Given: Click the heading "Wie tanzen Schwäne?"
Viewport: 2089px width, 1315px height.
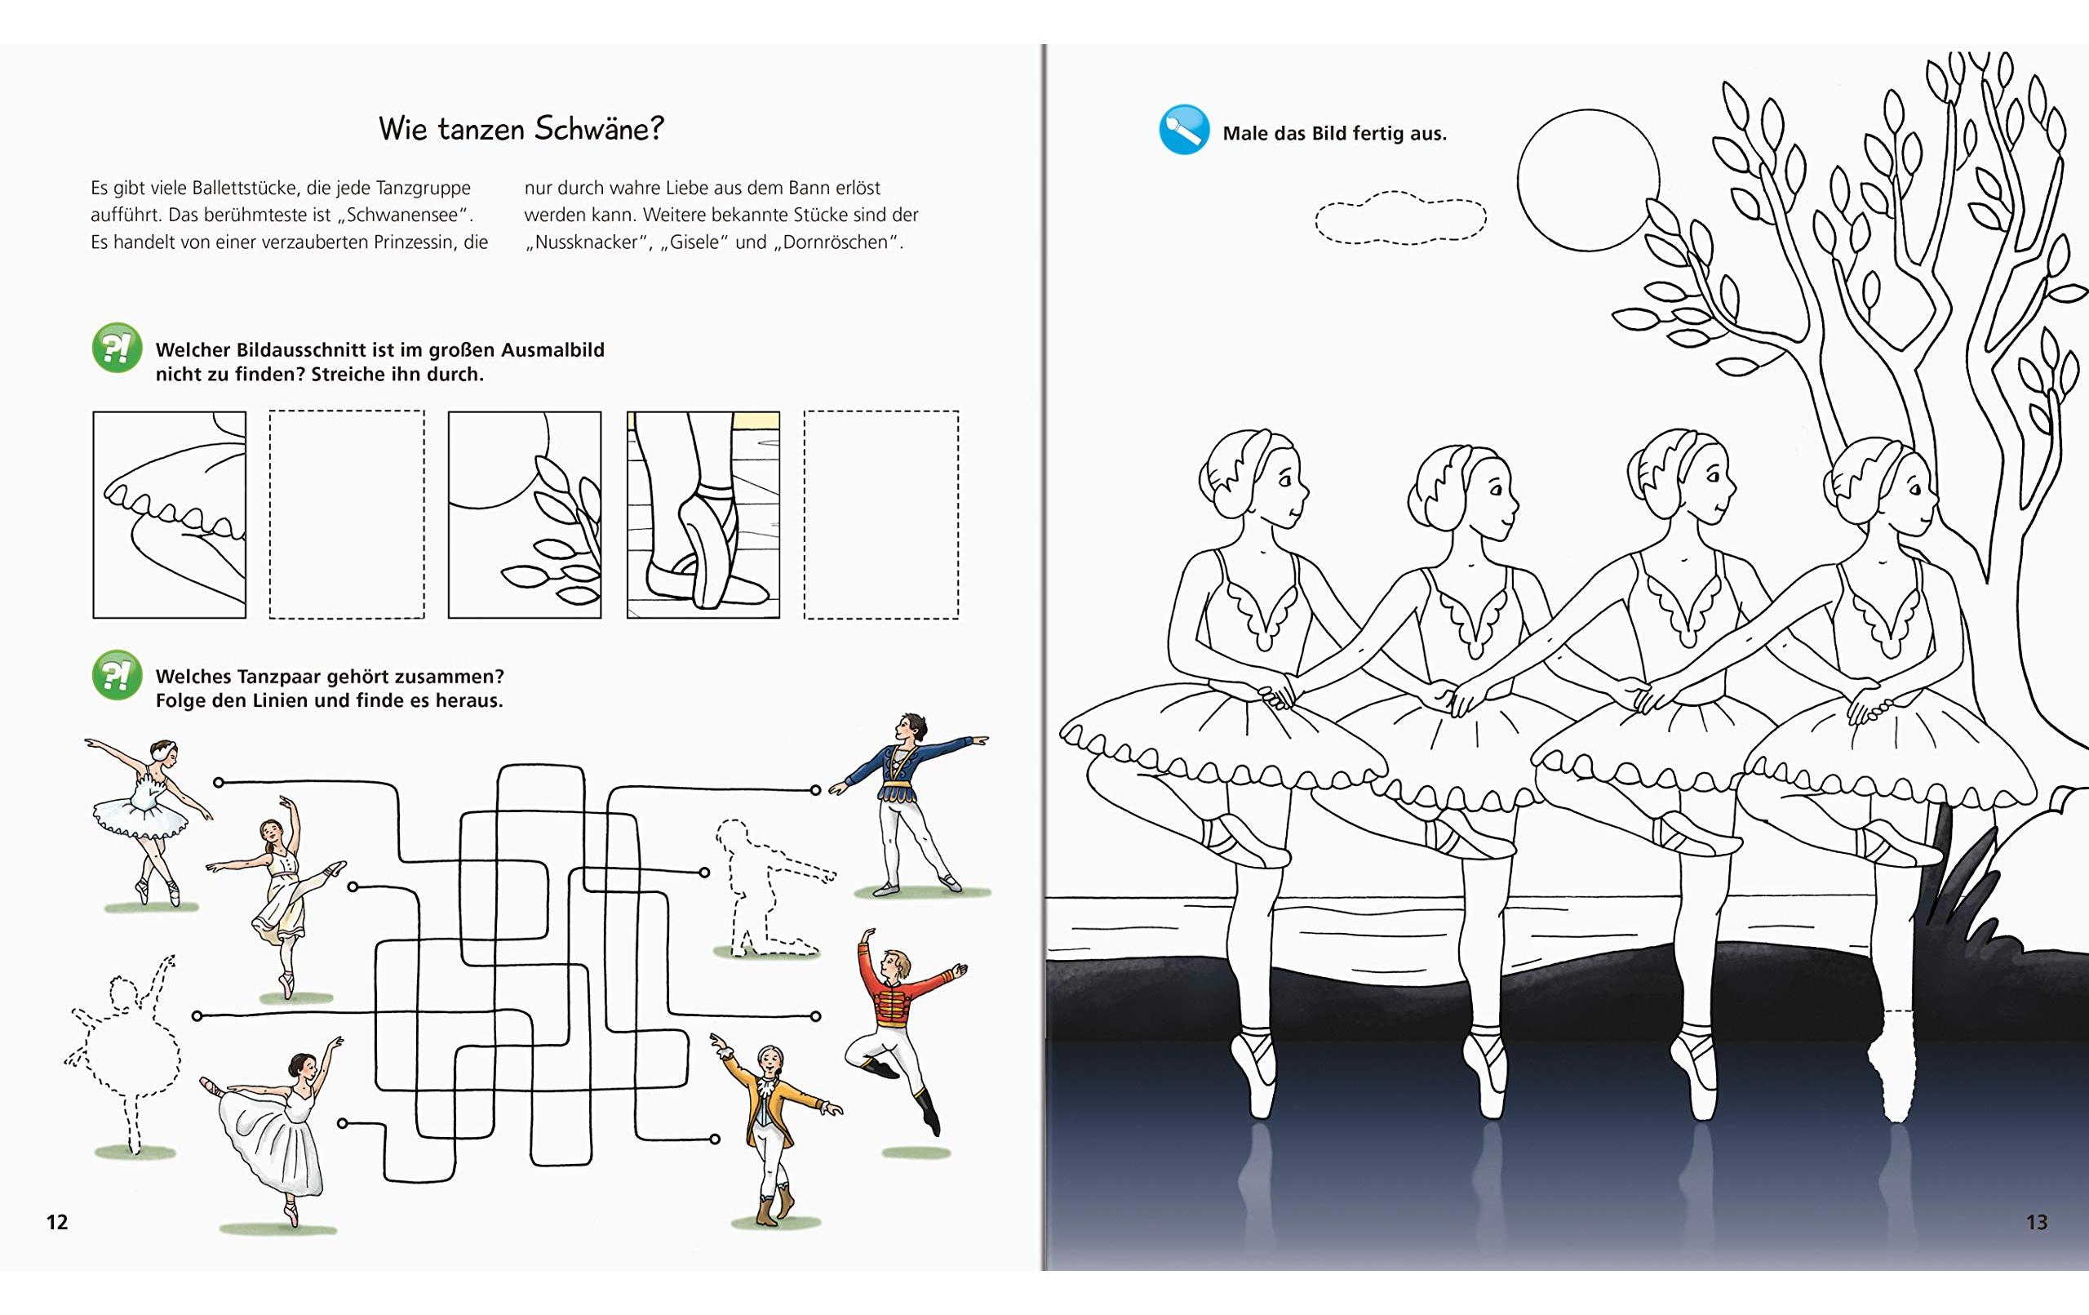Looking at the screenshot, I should tap(521, 129).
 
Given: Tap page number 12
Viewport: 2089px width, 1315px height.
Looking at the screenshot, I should tap(57, 1222).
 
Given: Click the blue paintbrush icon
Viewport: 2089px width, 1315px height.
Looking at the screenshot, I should tap(1183, 131).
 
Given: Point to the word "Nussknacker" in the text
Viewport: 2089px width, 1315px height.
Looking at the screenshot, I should tap(587, 242).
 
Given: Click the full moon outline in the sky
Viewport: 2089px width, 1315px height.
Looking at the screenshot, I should tap(1588, 180).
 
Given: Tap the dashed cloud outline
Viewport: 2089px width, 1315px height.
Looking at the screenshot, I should tap(1400, 218).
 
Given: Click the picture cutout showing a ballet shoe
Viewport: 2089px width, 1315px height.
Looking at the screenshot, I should tap(703, 515).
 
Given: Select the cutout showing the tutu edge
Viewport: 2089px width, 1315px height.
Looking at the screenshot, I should tap(170, 515).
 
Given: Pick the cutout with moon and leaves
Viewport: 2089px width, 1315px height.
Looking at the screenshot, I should tap(525, 515).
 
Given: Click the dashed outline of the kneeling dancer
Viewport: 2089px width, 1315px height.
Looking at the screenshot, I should tap(764, 890).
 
